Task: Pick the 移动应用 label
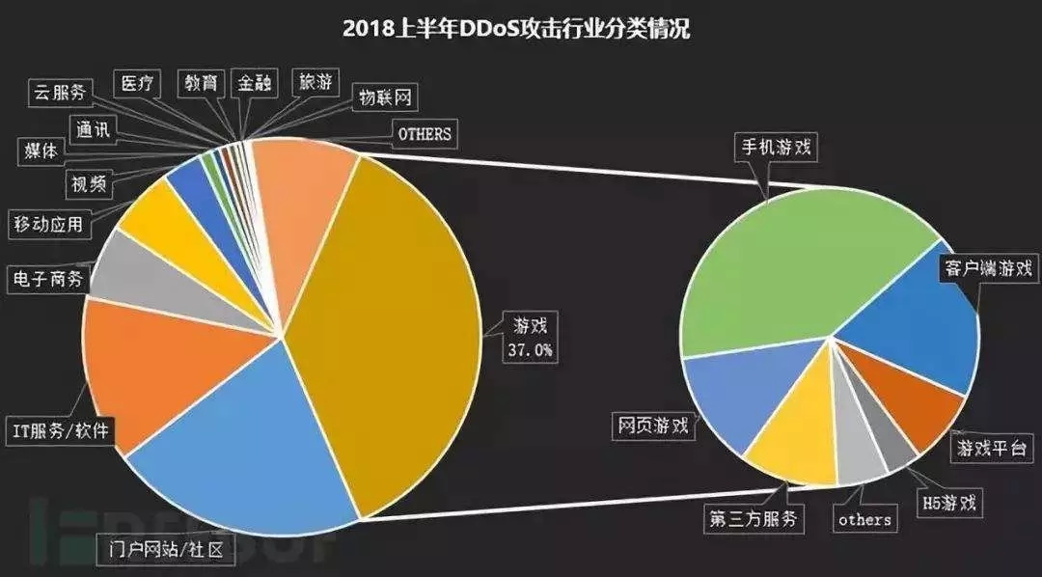(x=47, y=225)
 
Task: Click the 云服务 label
(x=59, y=93)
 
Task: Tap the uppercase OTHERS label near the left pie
(x=425, y=134)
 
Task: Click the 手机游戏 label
(x=774, y=149)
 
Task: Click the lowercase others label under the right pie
(x=864, y=519)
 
